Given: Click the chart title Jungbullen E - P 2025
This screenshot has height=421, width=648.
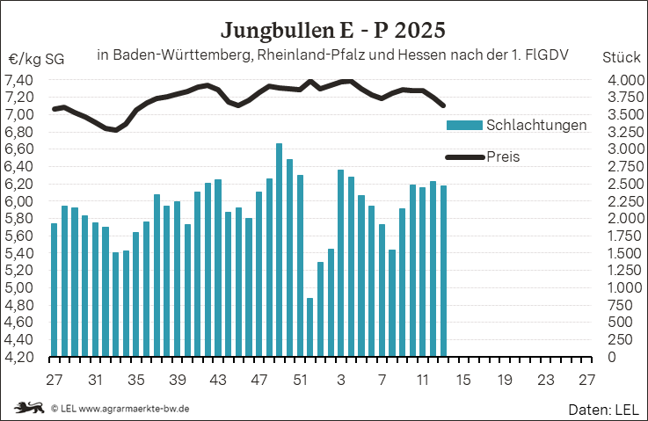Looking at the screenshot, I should point(333,30).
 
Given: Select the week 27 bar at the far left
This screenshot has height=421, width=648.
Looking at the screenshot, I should point(55,290).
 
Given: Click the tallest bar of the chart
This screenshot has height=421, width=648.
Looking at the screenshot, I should point(280,250).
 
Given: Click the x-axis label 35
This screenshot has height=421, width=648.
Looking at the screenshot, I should point(135,381).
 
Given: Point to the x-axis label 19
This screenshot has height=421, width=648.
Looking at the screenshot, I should point(505,381).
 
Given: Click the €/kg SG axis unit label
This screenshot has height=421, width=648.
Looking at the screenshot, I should point(36,60).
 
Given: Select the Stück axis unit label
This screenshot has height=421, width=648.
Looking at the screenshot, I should point(621,58).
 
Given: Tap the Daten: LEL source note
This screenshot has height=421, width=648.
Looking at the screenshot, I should point(604,410).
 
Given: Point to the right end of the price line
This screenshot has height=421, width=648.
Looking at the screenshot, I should point(444,106).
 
